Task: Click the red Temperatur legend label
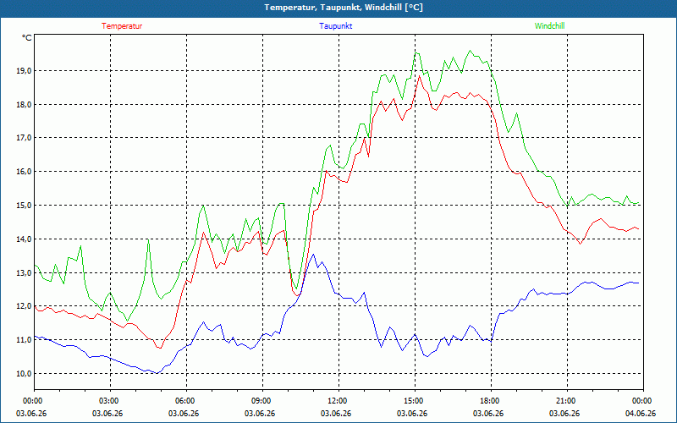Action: (x=122, y=26)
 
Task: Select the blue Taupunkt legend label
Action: (x=335, y=26)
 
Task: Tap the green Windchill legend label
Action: (x=549, y=26)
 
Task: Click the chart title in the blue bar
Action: (x=344, y=8)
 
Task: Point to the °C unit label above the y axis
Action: (x=27, y=38)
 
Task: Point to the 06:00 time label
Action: (x=186, y=401)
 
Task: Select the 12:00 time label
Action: (x=339, y=401)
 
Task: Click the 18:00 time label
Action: (x=491, y=401)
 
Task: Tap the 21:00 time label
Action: (x=567, y=401)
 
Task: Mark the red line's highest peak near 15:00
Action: (x=419, y=76)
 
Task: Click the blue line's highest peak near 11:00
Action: (x=313, y=255)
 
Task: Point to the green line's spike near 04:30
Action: (x=148, y=239)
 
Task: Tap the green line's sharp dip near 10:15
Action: (x=296, y=288)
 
